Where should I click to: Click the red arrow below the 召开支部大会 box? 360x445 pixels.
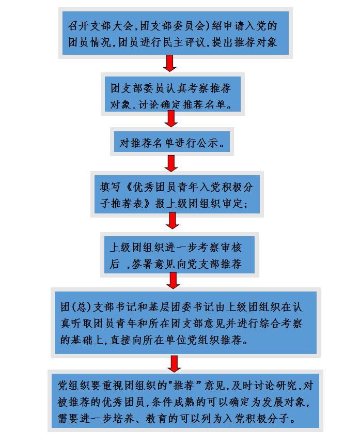[170, 63]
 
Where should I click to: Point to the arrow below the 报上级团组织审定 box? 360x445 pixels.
[173, 220]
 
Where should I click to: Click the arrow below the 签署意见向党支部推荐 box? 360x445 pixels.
[174, 280]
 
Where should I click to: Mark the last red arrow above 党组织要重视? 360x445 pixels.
[175, 363]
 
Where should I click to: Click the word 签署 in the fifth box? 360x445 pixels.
[143, 264]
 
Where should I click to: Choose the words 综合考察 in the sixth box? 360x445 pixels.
[272, 324]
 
